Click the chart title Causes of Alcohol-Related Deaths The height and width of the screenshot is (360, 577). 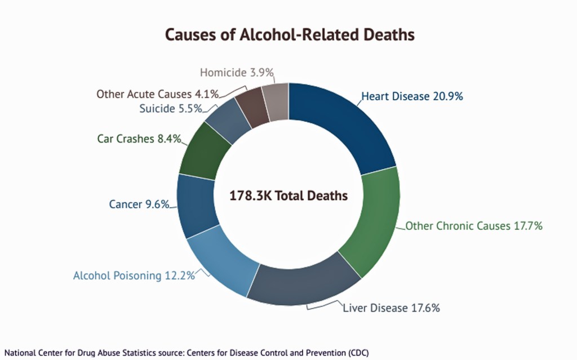(289, 35)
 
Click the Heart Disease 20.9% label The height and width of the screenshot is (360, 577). (412, 96)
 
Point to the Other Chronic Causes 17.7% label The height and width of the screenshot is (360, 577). (474, 226)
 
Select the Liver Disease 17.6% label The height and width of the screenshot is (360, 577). (391, 308)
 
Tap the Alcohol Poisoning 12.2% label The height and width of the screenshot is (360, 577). (134, 275)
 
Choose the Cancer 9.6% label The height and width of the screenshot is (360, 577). (139, 205)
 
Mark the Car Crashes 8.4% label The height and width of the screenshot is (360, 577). (139, 138)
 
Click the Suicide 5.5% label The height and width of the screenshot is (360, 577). (170, 108)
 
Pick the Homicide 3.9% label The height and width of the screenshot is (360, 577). (237, 72)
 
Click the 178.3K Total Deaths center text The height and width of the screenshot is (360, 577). (288, 196)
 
